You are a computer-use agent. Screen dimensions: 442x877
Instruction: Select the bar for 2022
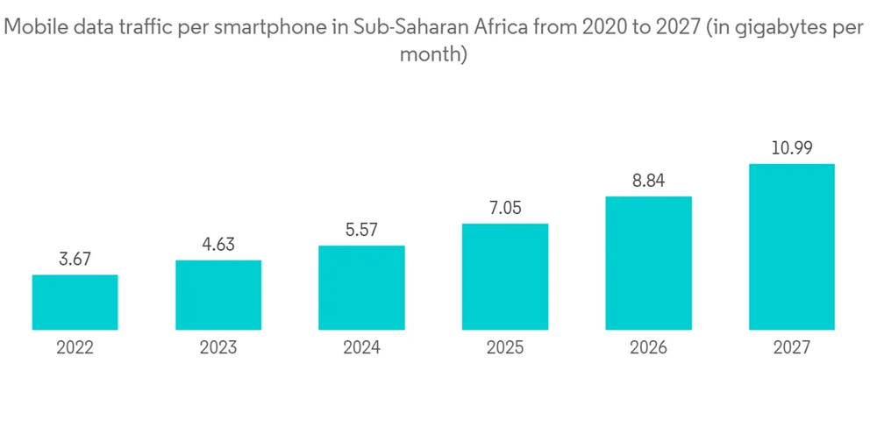click(x=75, y=303)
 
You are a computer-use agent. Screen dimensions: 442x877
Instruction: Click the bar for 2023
click(x=218, y=296)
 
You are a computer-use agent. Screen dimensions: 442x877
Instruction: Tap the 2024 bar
click(x=361, y=288)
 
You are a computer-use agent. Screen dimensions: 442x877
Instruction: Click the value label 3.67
click(x=75, y=260)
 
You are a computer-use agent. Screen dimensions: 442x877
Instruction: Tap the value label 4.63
click(x=218, y=245)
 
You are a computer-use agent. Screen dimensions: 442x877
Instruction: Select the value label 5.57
click(x=361, y=230)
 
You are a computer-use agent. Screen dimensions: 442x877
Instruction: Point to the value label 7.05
click(x=505, y=208)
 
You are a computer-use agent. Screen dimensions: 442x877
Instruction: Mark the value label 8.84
click(x=648, y=181)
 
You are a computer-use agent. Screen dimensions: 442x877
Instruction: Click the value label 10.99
click(x=791, y=148)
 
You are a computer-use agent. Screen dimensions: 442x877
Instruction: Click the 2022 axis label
click(x=75, y=348)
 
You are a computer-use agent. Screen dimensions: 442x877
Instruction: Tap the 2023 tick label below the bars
click(x=218, y=348)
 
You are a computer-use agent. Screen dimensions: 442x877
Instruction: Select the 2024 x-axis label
click(x=361, y=348)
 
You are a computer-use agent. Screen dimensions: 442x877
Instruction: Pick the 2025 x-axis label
click(x=505, y=348)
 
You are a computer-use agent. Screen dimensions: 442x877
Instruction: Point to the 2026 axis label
click(x=648, y=348)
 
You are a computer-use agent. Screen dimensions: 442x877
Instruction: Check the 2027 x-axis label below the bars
click(x=791, y=348)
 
